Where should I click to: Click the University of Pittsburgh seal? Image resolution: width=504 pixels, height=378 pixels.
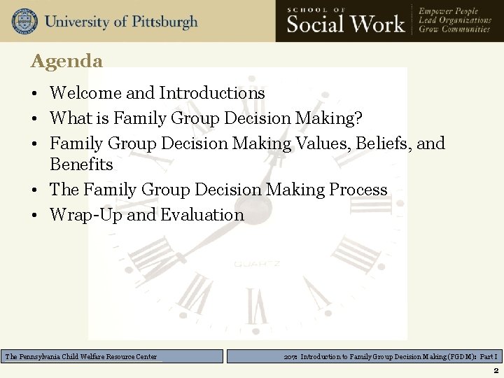24,21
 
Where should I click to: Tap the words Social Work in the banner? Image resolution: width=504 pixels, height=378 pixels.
346,24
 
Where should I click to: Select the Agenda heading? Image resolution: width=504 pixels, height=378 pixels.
66,61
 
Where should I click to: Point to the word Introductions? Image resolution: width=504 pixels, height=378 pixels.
212,93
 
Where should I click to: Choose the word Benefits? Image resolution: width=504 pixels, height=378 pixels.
81,164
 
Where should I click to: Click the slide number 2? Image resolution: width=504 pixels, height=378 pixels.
496,370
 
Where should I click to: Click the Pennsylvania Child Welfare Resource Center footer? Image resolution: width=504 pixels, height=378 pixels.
81,357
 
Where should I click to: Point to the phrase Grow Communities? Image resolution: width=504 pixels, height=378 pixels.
455,30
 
